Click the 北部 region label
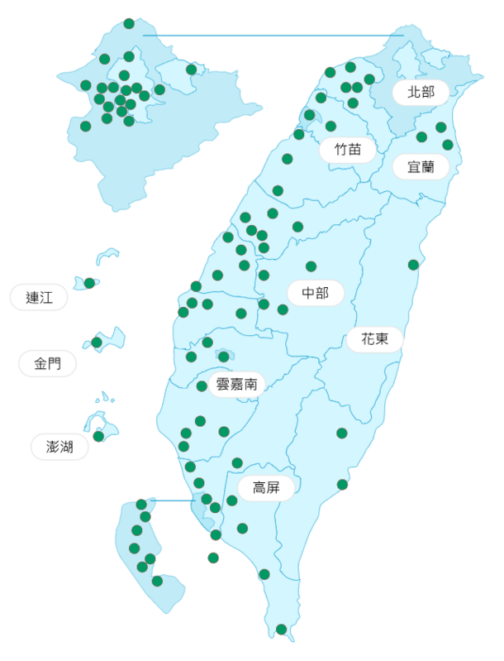coord(421,92)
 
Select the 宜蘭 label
coord(421,166)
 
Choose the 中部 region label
coord(315,293)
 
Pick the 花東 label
coord(374,339)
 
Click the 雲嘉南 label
coord(236,384)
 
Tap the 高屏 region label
coord(266,488)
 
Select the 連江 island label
coord(39,298)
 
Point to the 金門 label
coord(47,363)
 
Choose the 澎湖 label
coord(59,448)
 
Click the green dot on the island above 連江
coord(89,283)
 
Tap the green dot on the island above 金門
coord(97,342)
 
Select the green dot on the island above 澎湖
coord(98,436)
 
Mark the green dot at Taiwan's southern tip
coord(281,629)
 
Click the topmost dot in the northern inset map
coord(129,23)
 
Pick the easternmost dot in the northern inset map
coord(192,69)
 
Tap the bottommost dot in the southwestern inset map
coord(157,581)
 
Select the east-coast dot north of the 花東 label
coord(413,265)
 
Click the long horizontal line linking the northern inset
coord(273,36)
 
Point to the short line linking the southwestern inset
coord(174,501)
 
